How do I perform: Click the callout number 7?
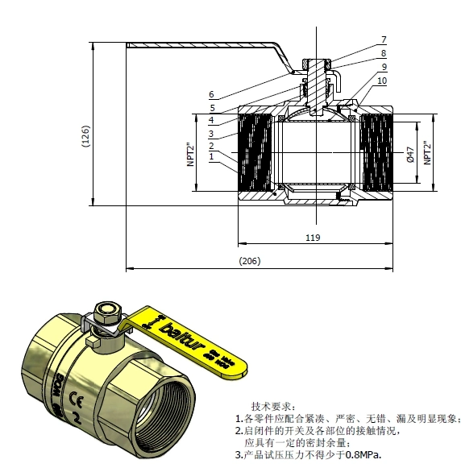click(x=384, y=39)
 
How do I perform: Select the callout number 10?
click(x=382, y=81)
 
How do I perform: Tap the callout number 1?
click(x=211, y=158)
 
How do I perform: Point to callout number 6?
click(x=211, y=94)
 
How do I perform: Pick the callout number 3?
click(x=211, y=133)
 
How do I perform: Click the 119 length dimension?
click(x=314, y=238)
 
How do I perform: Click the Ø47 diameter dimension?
click(x=409, y=155)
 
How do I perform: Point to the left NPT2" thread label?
click(x=191, y=154)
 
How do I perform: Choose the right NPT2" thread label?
click(x=428, y=154)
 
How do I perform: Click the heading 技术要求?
click(x=273, y=405)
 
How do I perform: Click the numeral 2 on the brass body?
click(x=76, y=419)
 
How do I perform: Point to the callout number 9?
click(x=384, y=67)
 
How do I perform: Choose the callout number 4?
click(x=211, y=120)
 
